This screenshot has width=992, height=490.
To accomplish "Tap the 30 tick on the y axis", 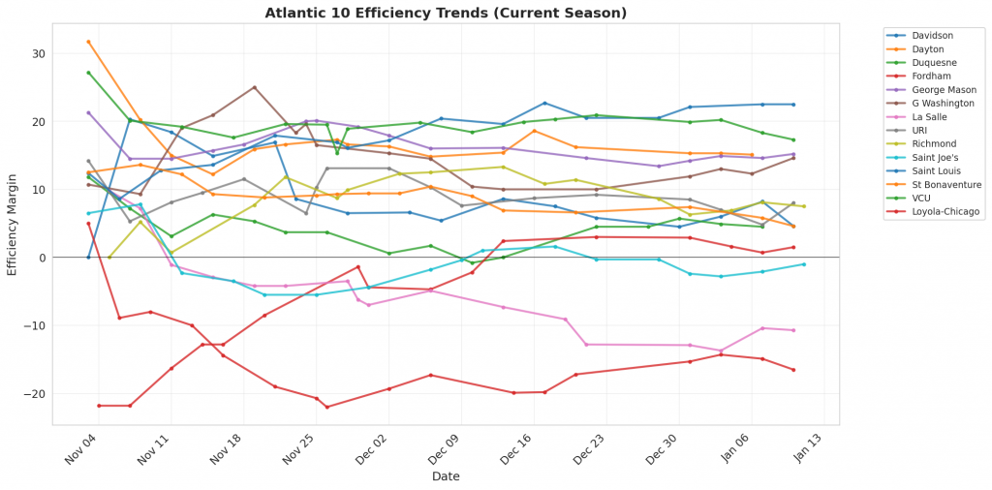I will (x=40, y=54).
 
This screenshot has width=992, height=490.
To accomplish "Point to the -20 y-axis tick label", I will (x=37, y=394).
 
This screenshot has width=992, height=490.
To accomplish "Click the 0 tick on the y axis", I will (x=43, y=258).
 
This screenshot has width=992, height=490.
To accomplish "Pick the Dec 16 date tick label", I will (x=516, y=447).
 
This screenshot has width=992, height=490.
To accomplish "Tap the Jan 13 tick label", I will (x=807, y=447).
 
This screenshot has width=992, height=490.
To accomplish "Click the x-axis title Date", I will (x=446, y=476).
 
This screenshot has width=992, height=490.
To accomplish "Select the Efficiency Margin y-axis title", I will (x=13, y=230).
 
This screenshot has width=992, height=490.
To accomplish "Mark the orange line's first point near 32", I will (x=88, y=42).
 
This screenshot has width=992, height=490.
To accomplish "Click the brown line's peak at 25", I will (x=254, y=87).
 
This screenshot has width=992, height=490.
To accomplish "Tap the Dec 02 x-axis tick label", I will (x=371, y=447).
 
